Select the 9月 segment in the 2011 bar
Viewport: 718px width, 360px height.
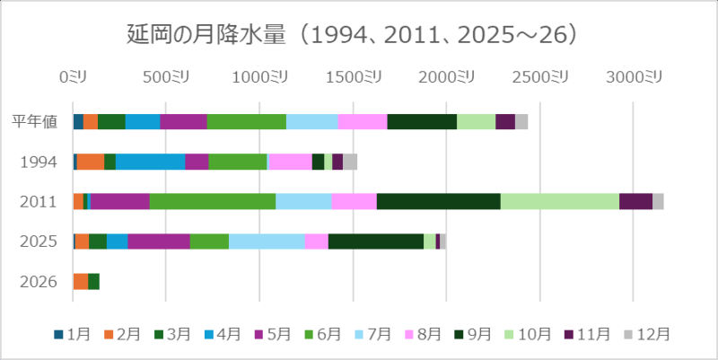(x=438, y=201)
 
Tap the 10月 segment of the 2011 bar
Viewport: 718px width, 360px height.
(x=559, y=201)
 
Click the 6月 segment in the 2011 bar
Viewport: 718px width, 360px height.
(x=212, y=201)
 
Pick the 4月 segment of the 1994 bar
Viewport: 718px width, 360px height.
(x=150, y=162)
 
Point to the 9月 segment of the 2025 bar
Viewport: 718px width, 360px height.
(x=375, y=241)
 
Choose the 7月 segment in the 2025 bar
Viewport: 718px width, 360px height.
(x=267, y=241)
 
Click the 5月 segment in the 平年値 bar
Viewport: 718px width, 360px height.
(x=183, y=122)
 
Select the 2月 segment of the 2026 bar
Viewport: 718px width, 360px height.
(x=81, y=281)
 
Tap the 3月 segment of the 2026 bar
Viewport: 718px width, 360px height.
(x=93, y=281)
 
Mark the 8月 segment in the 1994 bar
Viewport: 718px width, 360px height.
(x=290, y=162)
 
